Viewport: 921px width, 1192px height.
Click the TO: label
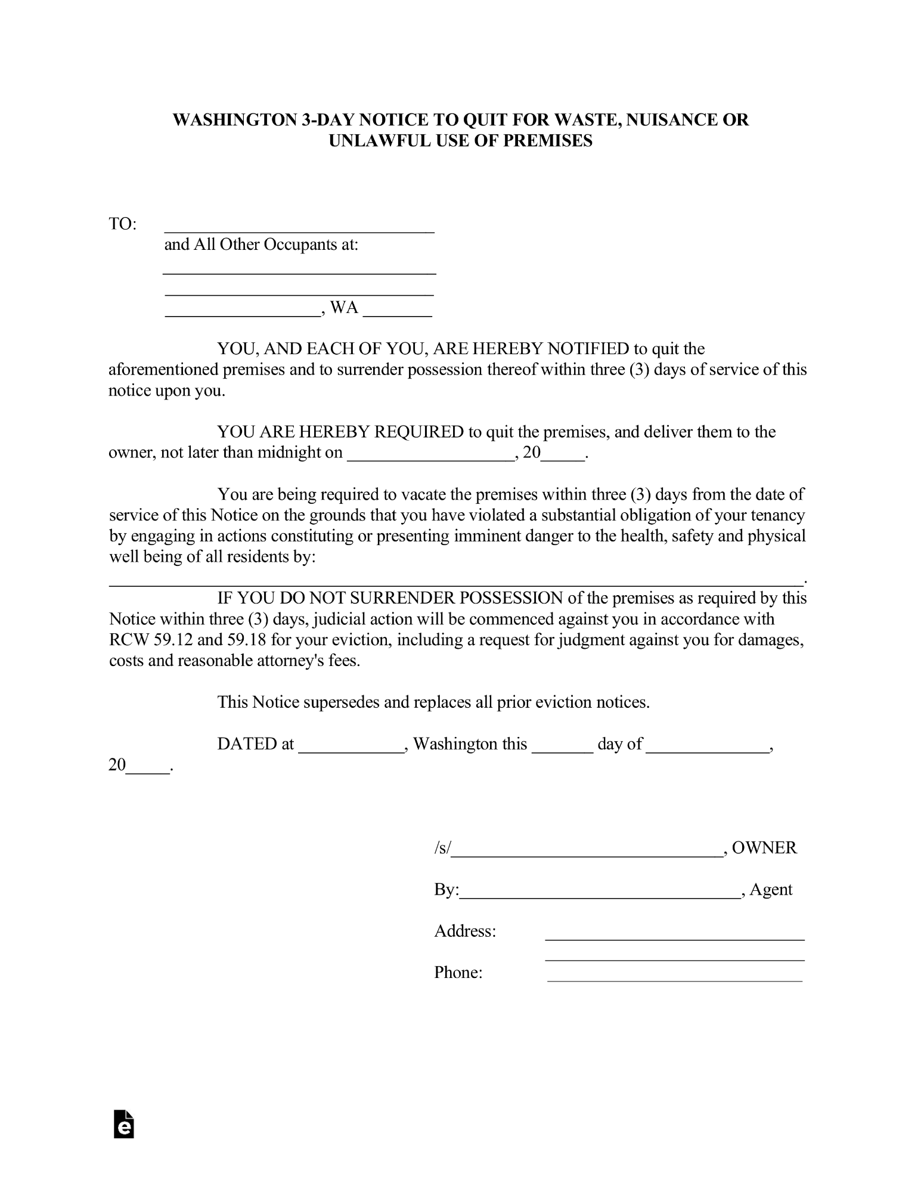[122, 224]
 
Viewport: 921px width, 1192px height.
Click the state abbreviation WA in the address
[344, 308]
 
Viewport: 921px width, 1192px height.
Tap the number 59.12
[173, 640]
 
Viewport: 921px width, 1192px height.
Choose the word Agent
[771, 889]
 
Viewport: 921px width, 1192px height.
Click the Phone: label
[458, 972]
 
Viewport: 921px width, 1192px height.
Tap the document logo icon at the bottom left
[124, 1124]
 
